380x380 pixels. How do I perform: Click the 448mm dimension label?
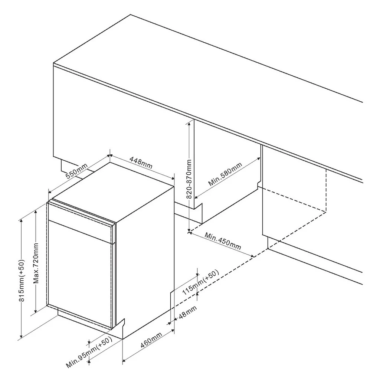tap(141, 163)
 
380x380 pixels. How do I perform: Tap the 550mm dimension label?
tap(76, 171)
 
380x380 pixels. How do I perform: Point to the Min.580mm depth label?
tap(225, 174)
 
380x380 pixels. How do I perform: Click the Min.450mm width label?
tap(223, 241)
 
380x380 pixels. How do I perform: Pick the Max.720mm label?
tap(36, 263)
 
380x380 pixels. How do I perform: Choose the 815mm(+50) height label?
tap(22, 281)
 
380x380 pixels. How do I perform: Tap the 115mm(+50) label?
tap(201, 282)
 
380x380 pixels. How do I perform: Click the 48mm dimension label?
tap(187, 312)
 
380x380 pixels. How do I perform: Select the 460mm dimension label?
tap(151, 340)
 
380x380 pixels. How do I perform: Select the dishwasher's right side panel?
tap(145, 261)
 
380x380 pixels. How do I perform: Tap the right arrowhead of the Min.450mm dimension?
tap(252, 256)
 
